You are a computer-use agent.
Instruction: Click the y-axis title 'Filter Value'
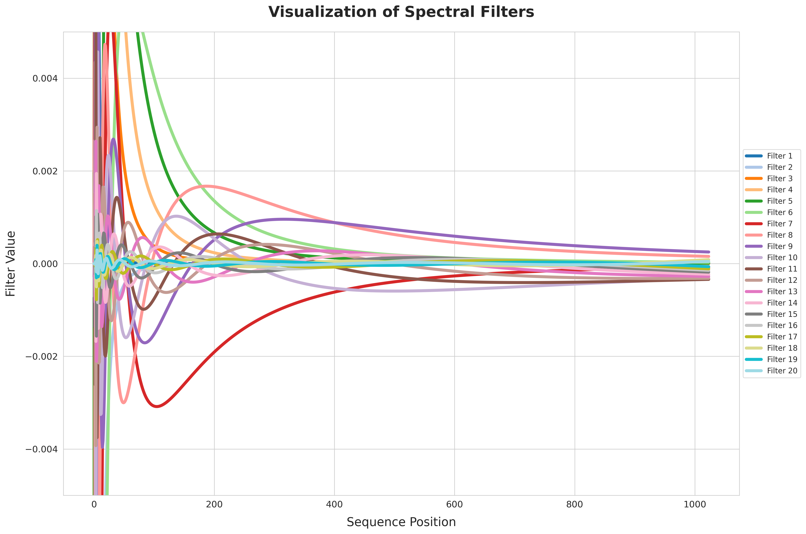tap(11, 264)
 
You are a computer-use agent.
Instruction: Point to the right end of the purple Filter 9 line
tap(709, 252)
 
